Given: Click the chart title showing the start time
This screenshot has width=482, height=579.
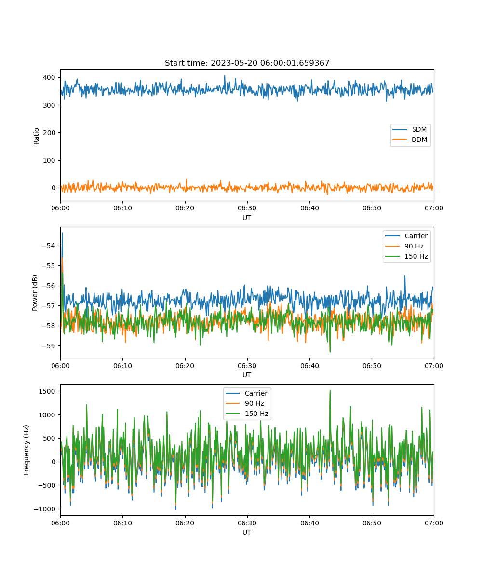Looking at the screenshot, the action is [247, 63].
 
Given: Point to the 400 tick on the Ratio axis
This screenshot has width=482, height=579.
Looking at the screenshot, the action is [49, 77].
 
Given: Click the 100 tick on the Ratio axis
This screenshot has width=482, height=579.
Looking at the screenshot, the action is [49, 160].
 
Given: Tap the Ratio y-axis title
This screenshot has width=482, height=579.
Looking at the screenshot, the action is [36, 136].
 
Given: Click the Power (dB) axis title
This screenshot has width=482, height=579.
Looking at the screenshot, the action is [35, 292].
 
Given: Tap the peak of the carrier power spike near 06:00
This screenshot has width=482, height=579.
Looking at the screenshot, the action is [62, 233].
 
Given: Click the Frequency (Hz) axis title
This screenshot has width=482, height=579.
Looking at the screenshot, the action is [27, 450].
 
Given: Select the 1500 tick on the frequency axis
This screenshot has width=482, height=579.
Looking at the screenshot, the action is [47, 391].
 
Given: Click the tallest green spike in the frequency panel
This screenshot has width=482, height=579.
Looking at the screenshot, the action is [330, 390].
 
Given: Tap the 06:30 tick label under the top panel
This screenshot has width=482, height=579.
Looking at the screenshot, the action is [247, 208].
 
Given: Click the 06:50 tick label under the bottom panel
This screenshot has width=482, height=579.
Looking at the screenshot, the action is [372, 523].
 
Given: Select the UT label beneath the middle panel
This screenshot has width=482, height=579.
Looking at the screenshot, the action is [246, 375].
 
